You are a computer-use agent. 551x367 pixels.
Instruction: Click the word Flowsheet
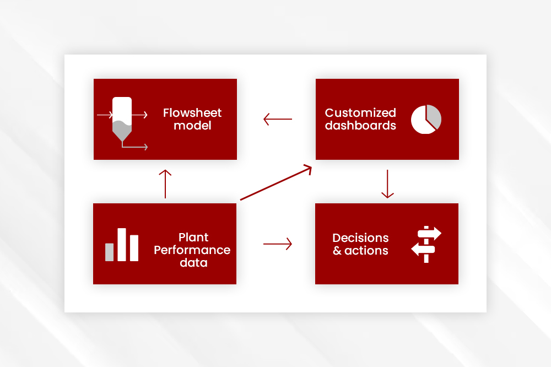192,113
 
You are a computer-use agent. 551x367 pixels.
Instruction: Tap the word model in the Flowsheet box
192,126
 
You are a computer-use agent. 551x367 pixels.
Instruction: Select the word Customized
360,113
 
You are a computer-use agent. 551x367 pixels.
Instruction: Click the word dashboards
360,126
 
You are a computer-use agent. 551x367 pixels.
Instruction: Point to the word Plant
193,238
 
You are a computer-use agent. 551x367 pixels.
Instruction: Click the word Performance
192,250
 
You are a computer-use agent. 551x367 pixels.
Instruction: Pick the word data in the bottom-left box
193,263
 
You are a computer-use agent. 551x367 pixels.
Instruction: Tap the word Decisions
360,238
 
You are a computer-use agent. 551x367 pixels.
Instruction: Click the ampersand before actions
337,250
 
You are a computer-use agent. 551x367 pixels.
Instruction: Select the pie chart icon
426,119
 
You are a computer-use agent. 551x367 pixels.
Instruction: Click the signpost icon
426,244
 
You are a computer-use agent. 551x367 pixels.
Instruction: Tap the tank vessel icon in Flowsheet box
122,119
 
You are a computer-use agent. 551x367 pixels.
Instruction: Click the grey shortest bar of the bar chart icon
109,252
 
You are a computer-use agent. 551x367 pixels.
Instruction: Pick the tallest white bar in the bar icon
122,245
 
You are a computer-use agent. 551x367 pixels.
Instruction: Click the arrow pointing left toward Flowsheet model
278,119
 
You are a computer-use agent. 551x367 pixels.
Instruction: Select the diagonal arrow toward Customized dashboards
276,182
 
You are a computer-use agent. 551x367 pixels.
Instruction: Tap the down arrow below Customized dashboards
387,184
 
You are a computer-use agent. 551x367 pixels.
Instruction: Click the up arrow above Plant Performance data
165,184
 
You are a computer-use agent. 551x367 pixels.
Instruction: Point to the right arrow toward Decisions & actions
278,244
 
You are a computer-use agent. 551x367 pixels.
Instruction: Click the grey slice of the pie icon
433,116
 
